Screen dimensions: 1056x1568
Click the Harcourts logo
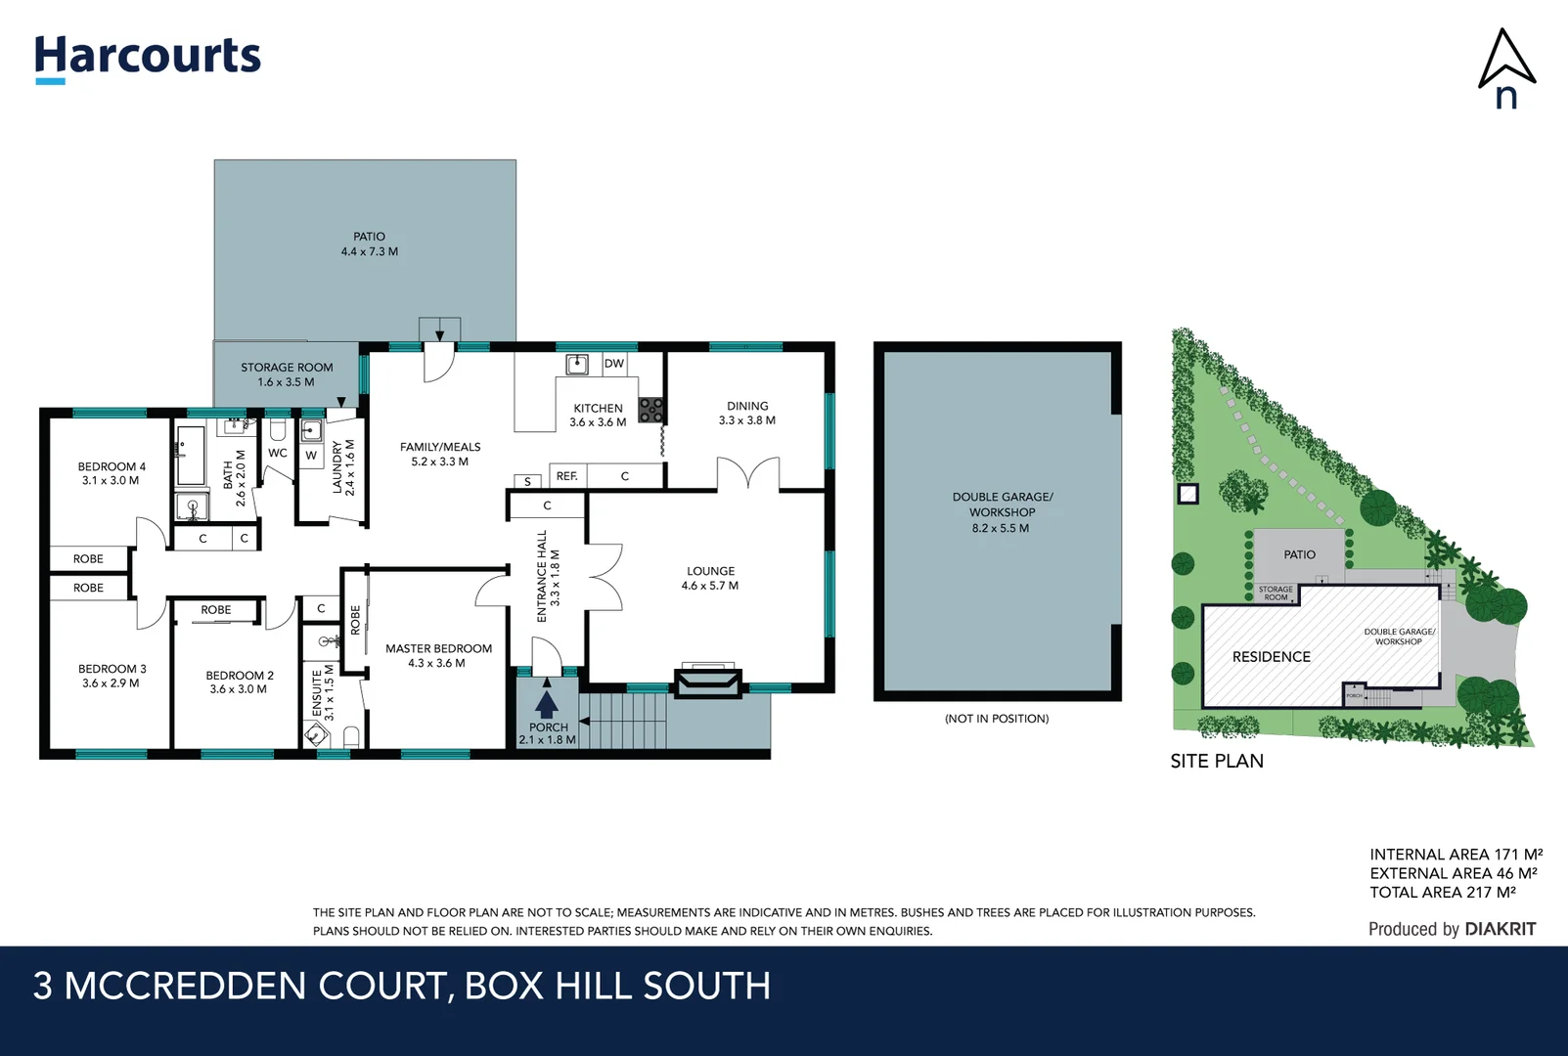(x=148, y=57)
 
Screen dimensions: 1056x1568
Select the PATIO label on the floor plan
(x=369, y=237)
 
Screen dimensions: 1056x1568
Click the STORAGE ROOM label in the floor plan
(x=287, y=368)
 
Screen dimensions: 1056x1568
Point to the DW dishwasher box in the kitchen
(x=613, y=364)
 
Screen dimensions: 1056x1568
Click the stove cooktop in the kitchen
(x=651, y=410)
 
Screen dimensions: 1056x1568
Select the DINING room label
(x=747, y=406)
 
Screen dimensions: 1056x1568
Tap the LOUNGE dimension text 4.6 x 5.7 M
(x=709, y=586)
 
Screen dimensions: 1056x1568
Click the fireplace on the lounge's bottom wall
(x=707, y=681)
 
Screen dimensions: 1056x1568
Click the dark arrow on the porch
(x=547, y=703)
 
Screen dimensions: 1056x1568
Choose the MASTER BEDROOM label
(x=438, y=648)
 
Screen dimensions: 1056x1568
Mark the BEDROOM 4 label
(x=112, y=466)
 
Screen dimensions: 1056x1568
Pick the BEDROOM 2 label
(x=239, y=676)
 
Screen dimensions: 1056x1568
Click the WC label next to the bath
(x=278, y=453)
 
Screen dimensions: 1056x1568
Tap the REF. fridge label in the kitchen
(x=566, y=476)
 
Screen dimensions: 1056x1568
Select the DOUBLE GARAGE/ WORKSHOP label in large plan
(x=1002, y=505)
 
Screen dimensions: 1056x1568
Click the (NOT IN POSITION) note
(x=996, y=719)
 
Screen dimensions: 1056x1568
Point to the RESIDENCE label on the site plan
(x=1271, y=657)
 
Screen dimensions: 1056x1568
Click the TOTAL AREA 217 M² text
(x=1442, y=893)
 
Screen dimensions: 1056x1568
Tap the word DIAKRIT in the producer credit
(x=1500, y=929)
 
